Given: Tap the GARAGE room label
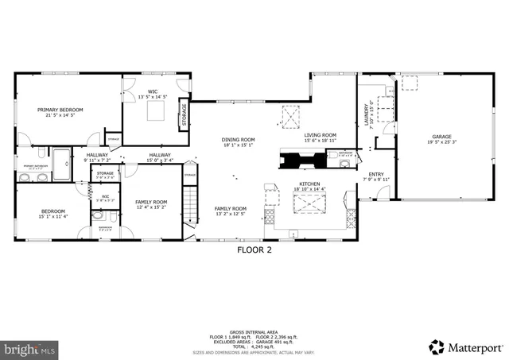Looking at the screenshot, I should [441, 137].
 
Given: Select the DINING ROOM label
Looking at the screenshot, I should [238, 140].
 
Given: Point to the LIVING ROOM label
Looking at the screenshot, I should [320, 135].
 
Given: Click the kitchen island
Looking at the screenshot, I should [306, 205].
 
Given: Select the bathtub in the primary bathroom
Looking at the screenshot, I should [61, 162].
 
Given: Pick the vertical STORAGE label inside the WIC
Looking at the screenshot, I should [185, 116].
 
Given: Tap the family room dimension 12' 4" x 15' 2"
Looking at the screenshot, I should [150, 207].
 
